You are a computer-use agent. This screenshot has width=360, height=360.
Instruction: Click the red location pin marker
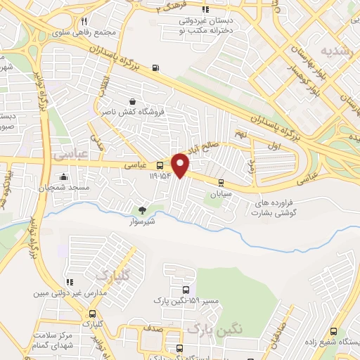181,165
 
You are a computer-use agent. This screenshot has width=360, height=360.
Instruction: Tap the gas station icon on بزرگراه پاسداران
155,68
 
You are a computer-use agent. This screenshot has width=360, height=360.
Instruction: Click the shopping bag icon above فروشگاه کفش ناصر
131,101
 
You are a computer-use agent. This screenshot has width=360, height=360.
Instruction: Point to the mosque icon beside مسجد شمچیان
64,176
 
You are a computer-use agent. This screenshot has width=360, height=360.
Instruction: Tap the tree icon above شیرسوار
143,209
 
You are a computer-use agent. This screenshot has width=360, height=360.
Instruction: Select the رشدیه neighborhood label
335,51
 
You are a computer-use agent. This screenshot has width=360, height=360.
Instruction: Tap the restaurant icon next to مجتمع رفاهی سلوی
84,21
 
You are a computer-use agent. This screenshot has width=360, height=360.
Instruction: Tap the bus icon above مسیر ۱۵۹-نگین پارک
186,289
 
